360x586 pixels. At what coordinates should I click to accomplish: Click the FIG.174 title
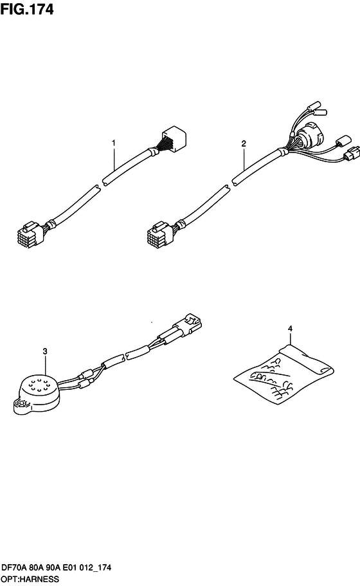click(x=27, y=9)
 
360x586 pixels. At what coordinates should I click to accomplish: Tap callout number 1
click(x=114, y=143)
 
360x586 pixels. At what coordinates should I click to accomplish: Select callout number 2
click(x=244, y=143)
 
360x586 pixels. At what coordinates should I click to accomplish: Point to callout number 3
click(x=45, y=351)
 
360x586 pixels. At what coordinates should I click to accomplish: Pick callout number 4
click(x=290, y=329)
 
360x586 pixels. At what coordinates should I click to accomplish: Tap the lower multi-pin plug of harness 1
click(x=30, y=234)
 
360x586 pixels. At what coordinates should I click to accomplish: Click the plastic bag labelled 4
click(x=283, y=373)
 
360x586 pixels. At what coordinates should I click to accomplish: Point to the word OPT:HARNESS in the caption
click(x=30, y=580)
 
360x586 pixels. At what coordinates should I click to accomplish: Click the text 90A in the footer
click(x=53, y=568)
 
